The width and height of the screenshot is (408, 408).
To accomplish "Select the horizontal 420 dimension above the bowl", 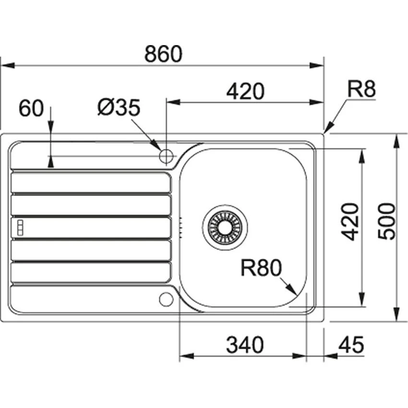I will pyautogui.click(x=245, y=91).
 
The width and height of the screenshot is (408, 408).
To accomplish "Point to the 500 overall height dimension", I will pyautogui.click(x=386, y=221).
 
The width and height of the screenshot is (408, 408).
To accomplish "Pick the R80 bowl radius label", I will pyautogui.click(x=260, y=268).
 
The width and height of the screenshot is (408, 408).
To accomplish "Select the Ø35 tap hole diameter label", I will pyautogui.click(x=118, y=108).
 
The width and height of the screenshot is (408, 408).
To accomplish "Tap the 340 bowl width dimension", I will pyautogui.click(x=245, y=345).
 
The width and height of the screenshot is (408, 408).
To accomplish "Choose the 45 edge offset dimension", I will pyautogui.click(x=351, y=345).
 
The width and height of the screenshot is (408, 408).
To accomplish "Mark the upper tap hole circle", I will pyautogui.click(x=166, y=156).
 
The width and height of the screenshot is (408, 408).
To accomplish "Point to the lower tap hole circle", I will pyautogui.click(x=166, y=299).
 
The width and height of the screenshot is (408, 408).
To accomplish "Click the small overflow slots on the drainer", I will pyautogui.click(x=20, y=228).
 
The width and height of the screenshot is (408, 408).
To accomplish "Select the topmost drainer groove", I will pyautogui.click(x=90, y=182).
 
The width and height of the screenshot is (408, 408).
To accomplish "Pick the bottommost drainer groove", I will pyautogui.click(x=90, y=273).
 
